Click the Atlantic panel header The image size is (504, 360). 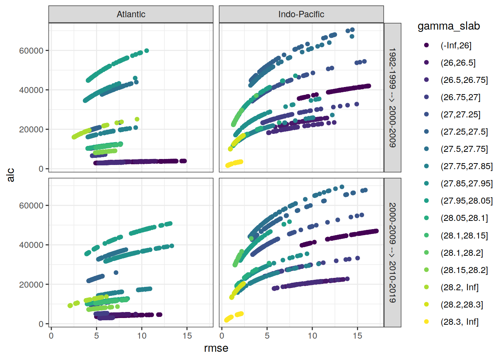click(x=131, y=14)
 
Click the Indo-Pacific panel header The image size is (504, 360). click(x=301, y=14)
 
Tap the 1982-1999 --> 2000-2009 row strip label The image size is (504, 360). click(x=392, y=97)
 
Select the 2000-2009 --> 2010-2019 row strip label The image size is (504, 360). click(x=392, y=252)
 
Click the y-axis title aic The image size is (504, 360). click(x=10, y=175)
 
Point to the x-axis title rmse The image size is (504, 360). click(x=216, y=348)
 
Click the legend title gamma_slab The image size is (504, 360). click(x=448, y=26)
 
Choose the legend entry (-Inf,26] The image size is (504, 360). click(x=456, y=45)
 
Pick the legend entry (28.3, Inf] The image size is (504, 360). click(x=459, y=322)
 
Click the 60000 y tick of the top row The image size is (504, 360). click(x=31, y=51)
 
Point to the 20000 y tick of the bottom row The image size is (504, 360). click(x=31, y=285)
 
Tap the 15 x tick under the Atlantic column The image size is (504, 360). click(x=187, y=336)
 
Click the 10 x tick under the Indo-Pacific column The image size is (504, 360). click(x=312, y=336)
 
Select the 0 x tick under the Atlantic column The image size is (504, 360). click(x=51, y=336)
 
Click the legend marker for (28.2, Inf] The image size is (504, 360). click(x=426, y=287)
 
